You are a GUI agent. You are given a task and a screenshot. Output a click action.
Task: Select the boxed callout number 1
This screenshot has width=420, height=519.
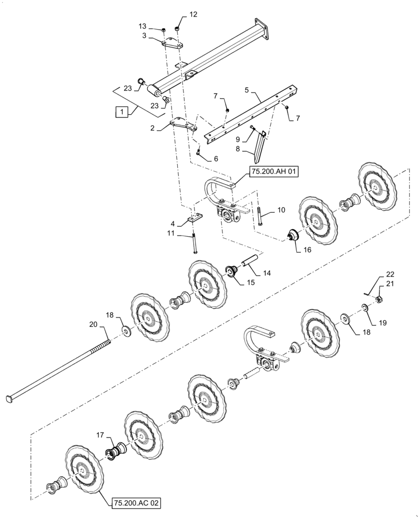pyautogui.click(x=121, y=111)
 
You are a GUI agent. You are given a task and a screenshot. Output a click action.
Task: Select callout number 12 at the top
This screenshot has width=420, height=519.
pyautogui.click(x=193, y=15)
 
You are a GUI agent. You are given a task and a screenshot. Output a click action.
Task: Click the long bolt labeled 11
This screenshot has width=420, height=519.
pyautogui.click(x=194, y=243)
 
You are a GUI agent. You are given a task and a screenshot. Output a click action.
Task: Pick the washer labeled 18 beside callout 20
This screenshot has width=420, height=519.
pyautogui.click(x=126, y=330)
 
